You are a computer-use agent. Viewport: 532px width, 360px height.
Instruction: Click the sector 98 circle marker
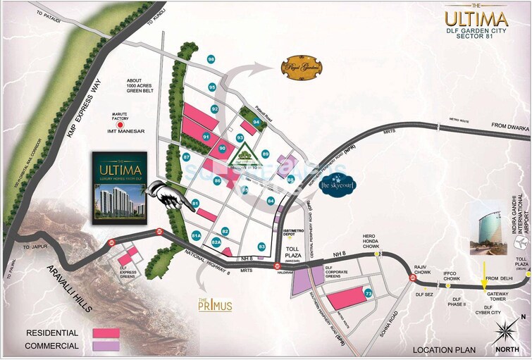(211, 59)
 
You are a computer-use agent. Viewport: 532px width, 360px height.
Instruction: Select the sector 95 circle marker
(211, 87)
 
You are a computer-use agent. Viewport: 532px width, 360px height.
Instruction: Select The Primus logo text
(215, 306)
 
